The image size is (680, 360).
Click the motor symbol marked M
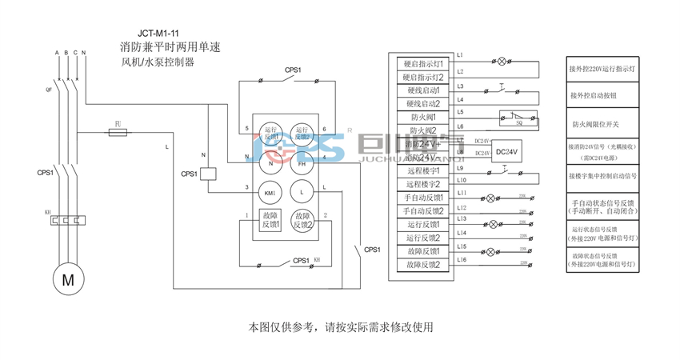point(67,280)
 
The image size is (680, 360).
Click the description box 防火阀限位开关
point(606,125)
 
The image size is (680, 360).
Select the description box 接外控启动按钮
point(606,95)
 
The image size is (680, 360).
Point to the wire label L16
point(462,260)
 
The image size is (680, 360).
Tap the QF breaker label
point(49,90)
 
